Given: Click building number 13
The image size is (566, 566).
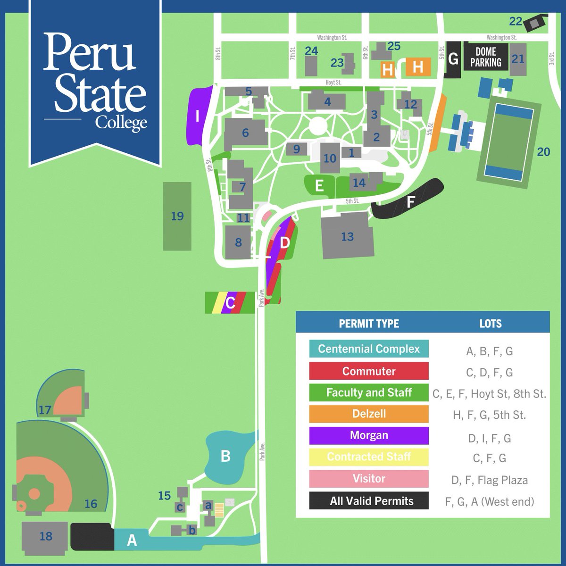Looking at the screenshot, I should coord(347,236).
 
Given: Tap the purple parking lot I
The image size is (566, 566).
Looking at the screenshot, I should coord(198,116).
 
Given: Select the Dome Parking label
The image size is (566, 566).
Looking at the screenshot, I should coord(486,57).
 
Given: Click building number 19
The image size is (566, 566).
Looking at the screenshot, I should coord(177,216).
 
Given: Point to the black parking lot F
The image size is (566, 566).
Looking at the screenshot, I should coord(409,202).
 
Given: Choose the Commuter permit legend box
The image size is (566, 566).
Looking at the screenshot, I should coord(369,371).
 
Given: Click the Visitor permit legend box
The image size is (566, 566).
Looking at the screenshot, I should coord(369,479).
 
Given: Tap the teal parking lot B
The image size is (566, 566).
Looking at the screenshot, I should coord(226,456).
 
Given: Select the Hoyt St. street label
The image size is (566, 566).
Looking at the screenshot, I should coord(333,82).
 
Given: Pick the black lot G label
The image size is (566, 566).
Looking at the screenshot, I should coord(453,59).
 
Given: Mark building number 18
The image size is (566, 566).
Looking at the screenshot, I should coord(46,536).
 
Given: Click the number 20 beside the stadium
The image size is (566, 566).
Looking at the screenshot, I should coord(543,151).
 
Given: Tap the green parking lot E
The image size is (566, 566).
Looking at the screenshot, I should coord(319,185).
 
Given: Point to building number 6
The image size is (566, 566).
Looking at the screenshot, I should coord(245,133).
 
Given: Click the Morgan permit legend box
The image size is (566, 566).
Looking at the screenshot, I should coord(369,435).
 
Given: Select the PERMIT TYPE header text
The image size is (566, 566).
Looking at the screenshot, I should coord(369,324).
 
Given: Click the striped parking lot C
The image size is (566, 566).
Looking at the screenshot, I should coord(230,302).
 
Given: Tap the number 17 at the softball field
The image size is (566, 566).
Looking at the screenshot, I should coord(45,410).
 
